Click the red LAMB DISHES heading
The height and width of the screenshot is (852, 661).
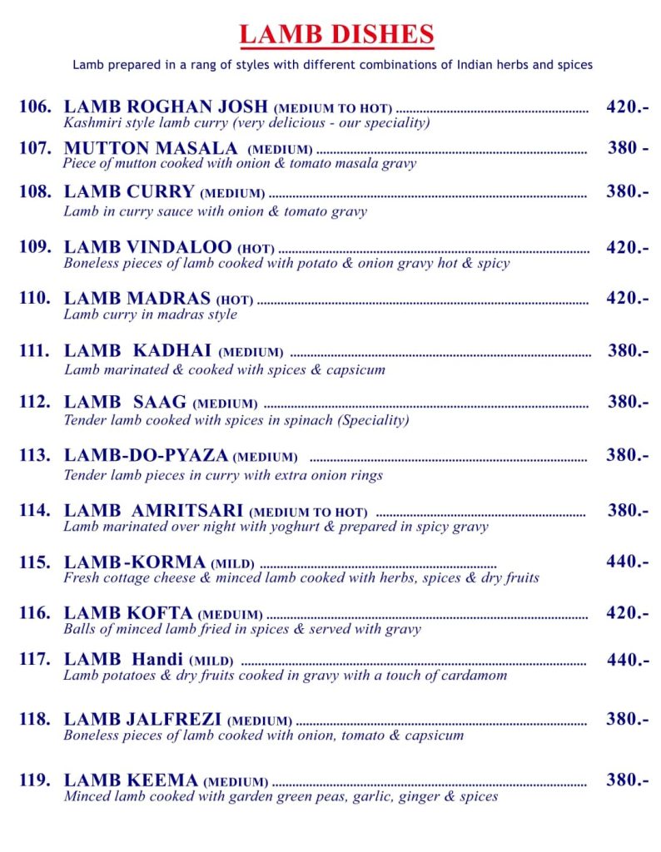click(x=336, y=35)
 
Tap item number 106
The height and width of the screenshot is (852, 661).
click(x=36, y=106)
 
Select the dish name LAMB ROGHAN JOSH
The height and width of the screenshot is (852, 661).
click(x=166, y=106)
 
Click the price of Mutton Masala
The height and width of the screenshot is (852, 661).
click(x=628, y=148)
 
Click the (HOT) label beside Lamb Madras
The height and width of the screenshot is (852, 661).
click(x=235, y=300)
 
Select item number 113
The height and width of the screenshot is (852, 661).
click(x=36, y=455)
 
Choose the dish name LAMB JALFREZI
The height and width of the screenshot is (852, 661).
click(x=142, y=718)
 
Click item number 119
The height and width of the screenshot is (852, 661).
click(x=36, y=780)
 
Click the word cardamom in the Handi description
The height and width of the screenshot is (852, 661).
click(x=473, y=676)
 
